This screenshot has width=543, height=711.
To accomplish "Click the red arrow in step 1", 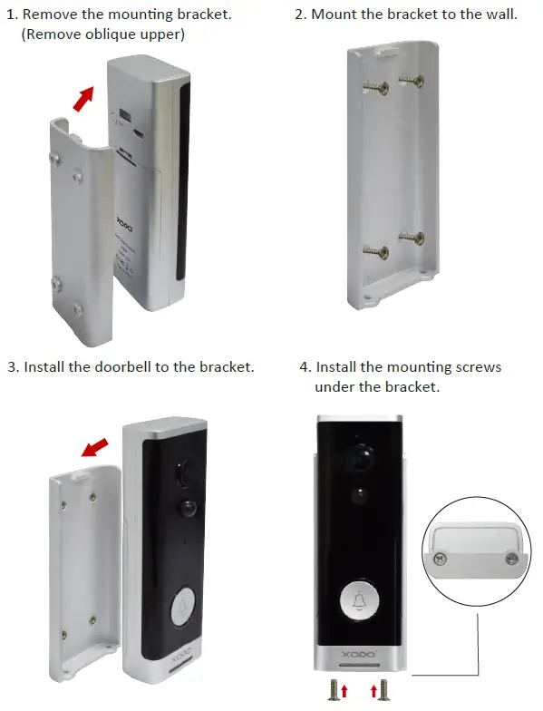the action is pyautogui.click(x=83, y=98).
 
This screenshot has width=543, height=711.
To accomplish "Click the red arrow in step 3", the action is pyautogui.click(x=94, y=447).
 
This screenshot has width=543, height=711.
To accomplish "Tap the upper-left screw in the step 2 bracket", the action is pyautogui.click(x=375, y=87).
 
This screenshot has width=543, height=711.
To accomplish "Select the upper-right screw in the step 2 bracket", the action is pyautogui.click(x=412, y=81).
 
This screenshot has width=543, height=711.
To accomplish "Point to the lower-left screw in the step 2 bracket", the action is pyautogui.click(x=375, y=252).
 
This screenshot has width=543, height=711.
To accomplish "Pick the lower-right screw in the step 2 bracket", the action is pyautogui.click(x=412, y=238).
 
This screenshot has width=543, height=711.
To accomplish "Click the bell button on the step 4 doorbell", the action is pyautogui.click(x=359, y=600).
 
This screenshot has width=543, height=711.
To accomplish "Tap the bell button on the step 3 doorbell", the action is pyautogui.click(x=183, y=607).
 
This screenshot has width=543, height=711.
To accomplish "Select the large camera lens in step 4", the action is pyautogui.click(x=361, y=457).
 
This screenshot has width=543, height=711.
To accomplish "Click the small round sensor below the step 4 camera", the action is pyautogui.click(x=360, y=495).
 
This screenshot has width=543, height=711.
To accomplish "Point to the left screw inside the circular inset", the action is pyautogui.click(x=439, y=559).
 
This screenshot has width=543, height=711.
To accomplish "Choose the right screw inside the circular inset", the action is pyautogui.click(x=512, y=559).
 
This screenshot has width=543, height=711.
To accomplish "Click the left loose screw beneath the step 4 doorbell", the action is pyautogui.click(x=334, y=690).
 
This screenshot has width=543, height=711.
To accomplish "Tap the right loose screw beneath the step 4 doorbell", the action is pyautogui.click(x=384, y=690).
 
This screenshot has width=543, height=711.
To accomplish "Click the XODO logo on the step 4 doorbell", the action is pyautogui.click(x=359, y=655).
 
